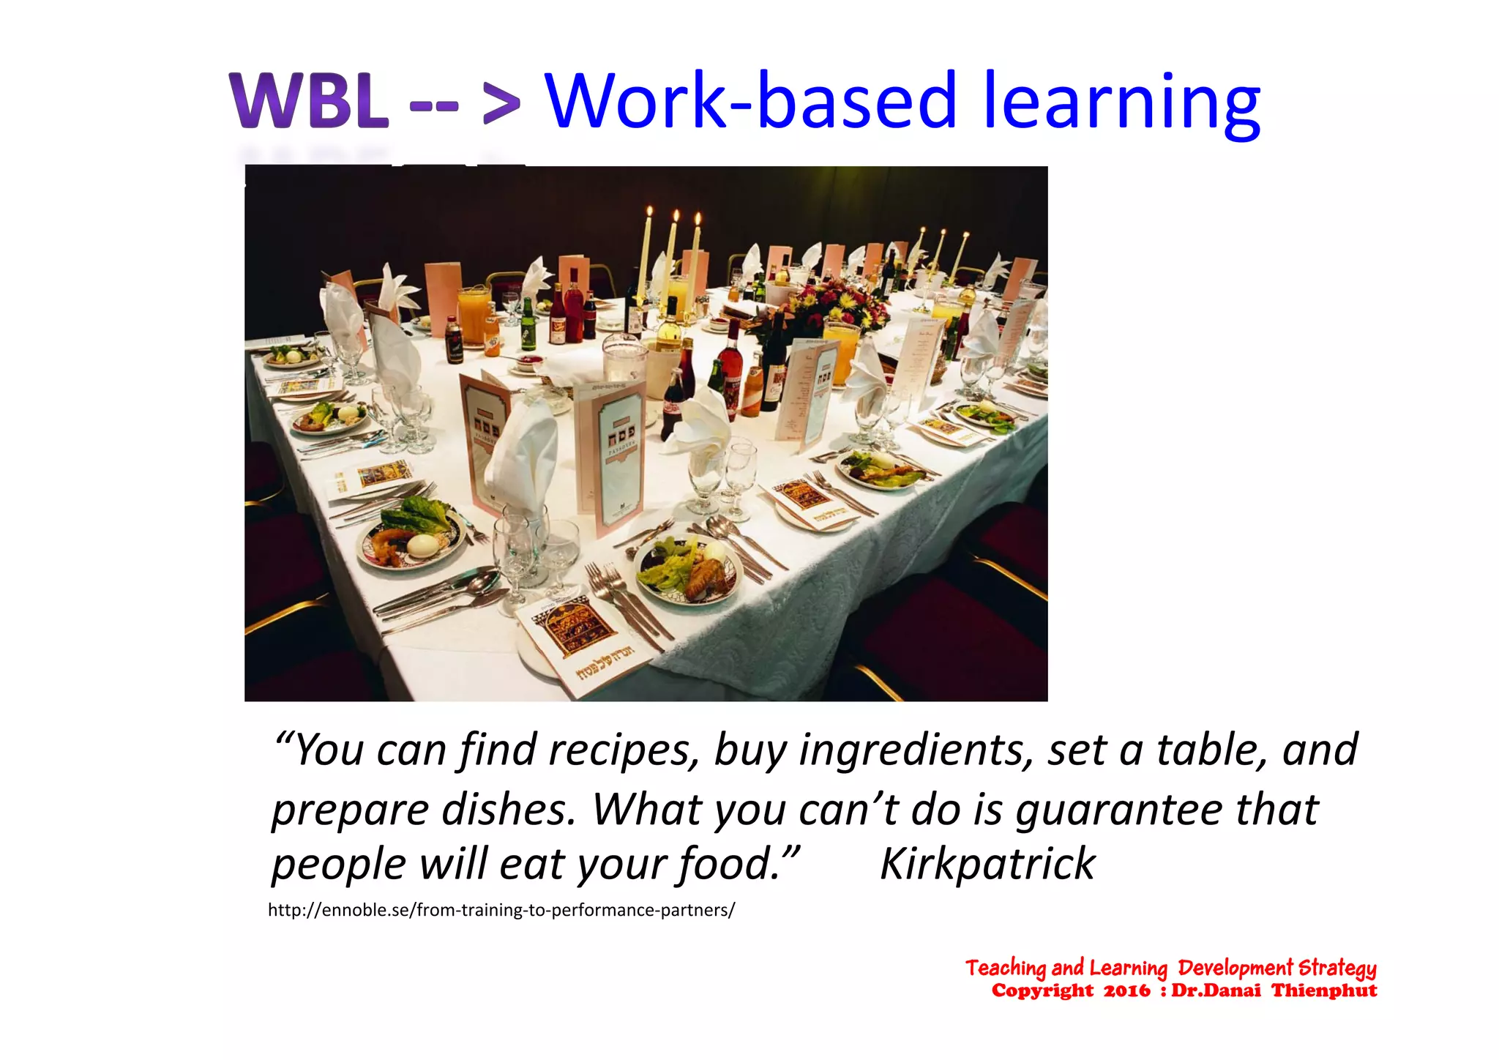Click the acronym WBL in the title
click(308, 101)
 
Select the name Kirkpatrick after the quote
click(987, 864)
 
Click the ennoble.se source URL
click(501, 910)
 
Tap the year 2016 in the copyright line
click(1126, 990)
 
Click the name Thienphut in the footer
click(1324, 990)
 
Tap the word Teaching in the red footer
click(1005, 968)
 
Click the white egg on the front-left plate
click(421, 545)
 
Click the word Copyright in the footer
click(1042, 990)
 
